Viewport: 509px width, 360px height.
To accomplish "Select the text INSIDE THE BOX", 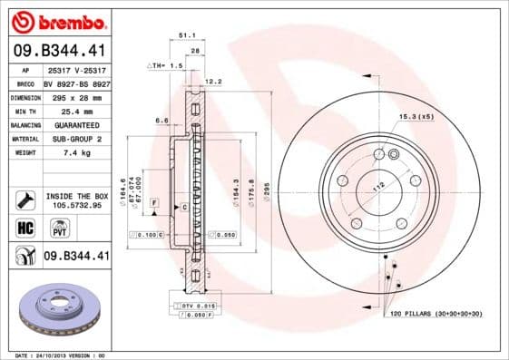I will coord(76,195).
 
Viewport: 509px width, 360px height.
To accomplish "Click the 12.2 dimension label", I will coord(213,82).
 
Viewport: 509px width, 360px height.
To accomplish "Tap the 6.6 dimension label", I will coord(162,120).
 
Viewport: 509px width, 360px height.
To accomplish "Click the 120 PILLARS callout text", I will coord(436,313).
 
